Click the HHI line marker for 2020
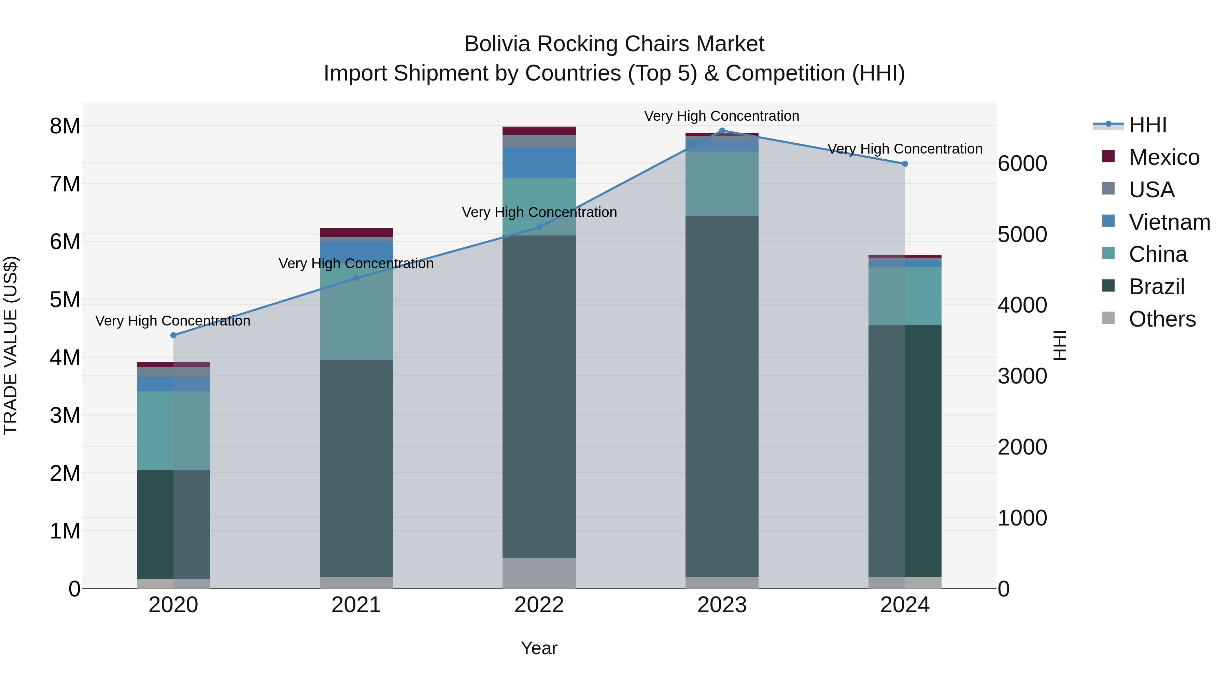tap(173, 335)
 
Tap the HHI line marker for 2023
tap(722, 131)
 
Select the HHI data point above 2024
tap(905, 163)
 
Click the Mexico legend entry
tap(1164, 157)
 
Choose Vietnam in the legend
tap(1169, 222)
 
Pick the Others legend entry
tap(1162, 319)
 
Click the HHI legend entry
tap(1147, 125)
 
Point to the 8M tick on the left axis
tap(65, 126)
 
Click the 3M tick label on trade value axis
tap(65, 415)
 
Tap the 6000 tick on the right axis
tap(1022, 163)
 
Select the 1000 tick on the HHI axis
tap(1022, 518)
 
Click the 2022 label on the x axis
tap(539, 605)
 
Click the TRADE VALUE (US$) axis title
tap(11, 345)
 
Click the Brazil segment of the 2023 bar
tap(722, 396)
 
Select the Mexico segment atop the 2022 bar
tap(539, 131)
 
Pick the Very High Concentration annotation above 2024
tap(905, 149)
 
